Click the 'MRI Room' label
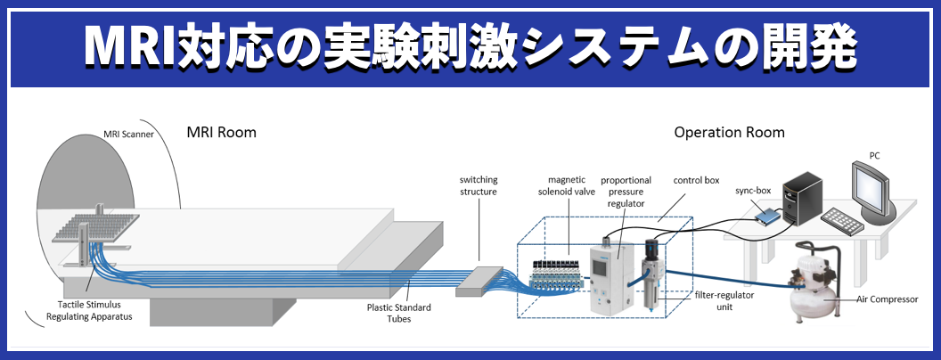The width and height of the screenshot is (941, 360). [221, 133]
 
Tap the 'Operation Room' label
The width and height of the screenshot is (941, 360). [729, 133]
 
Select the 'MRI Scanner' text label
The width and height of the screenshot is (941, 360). [127, 135]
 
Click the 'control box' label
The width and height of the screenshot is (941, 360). [697, 180]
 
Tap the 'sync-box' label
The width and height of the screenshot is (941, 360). [752, 191]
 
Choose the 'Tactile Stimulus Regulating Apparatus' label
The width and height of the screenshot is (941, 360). [85, 311]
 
